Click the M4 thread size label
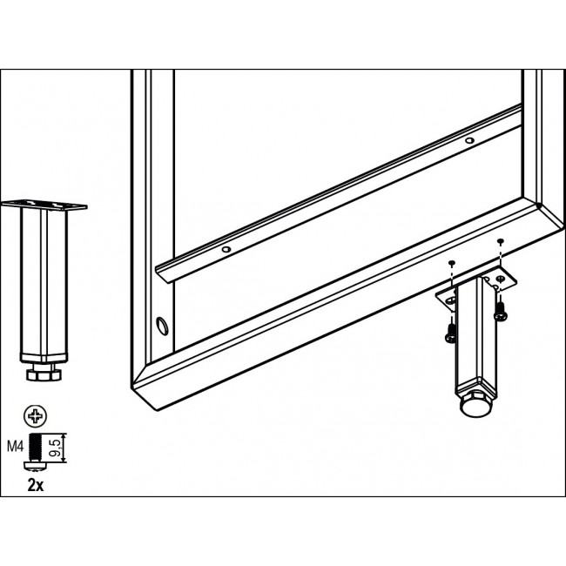15,447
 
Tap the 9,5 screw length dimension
55,448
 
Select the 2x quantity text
36,486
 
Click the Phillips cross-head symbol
36,416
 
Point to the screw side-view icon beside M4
36,452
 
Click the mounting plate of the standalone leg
44,205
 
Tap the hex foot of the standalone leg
43,373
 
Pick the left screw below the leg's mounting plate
451,333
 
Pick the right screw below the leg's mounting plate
501,311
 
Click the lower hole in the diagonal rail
226,249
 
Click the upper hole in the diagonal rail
469,140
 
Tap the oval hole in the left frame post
162,326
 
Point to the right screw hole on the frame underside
500,240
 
